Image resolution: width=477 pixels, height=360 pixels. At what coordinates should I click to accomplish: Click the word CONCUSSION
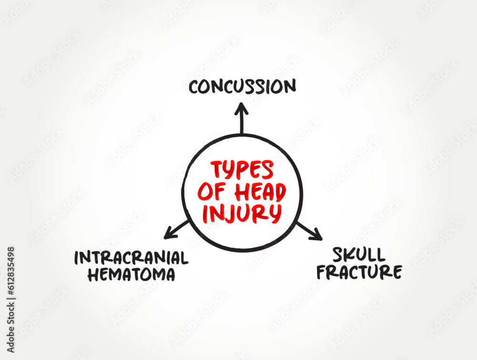coord(242,87)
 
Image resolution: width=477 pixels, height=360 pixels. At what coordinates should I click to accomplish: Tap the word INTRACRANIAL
coord(131,258)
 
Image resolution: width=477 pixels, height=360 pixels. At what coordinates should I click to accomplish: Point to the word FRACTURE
coord(360,272)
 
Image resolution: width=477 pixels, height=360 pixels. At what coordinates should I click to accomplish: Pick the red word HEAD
coord(261,192)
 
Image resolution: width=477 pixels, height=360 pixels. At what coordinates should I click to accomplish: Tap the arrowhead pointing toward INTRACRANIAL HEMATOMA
coord(168,235)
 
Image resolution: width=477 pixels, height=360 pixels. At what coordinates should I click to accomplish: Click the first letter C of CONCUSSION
coord(194,87)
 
